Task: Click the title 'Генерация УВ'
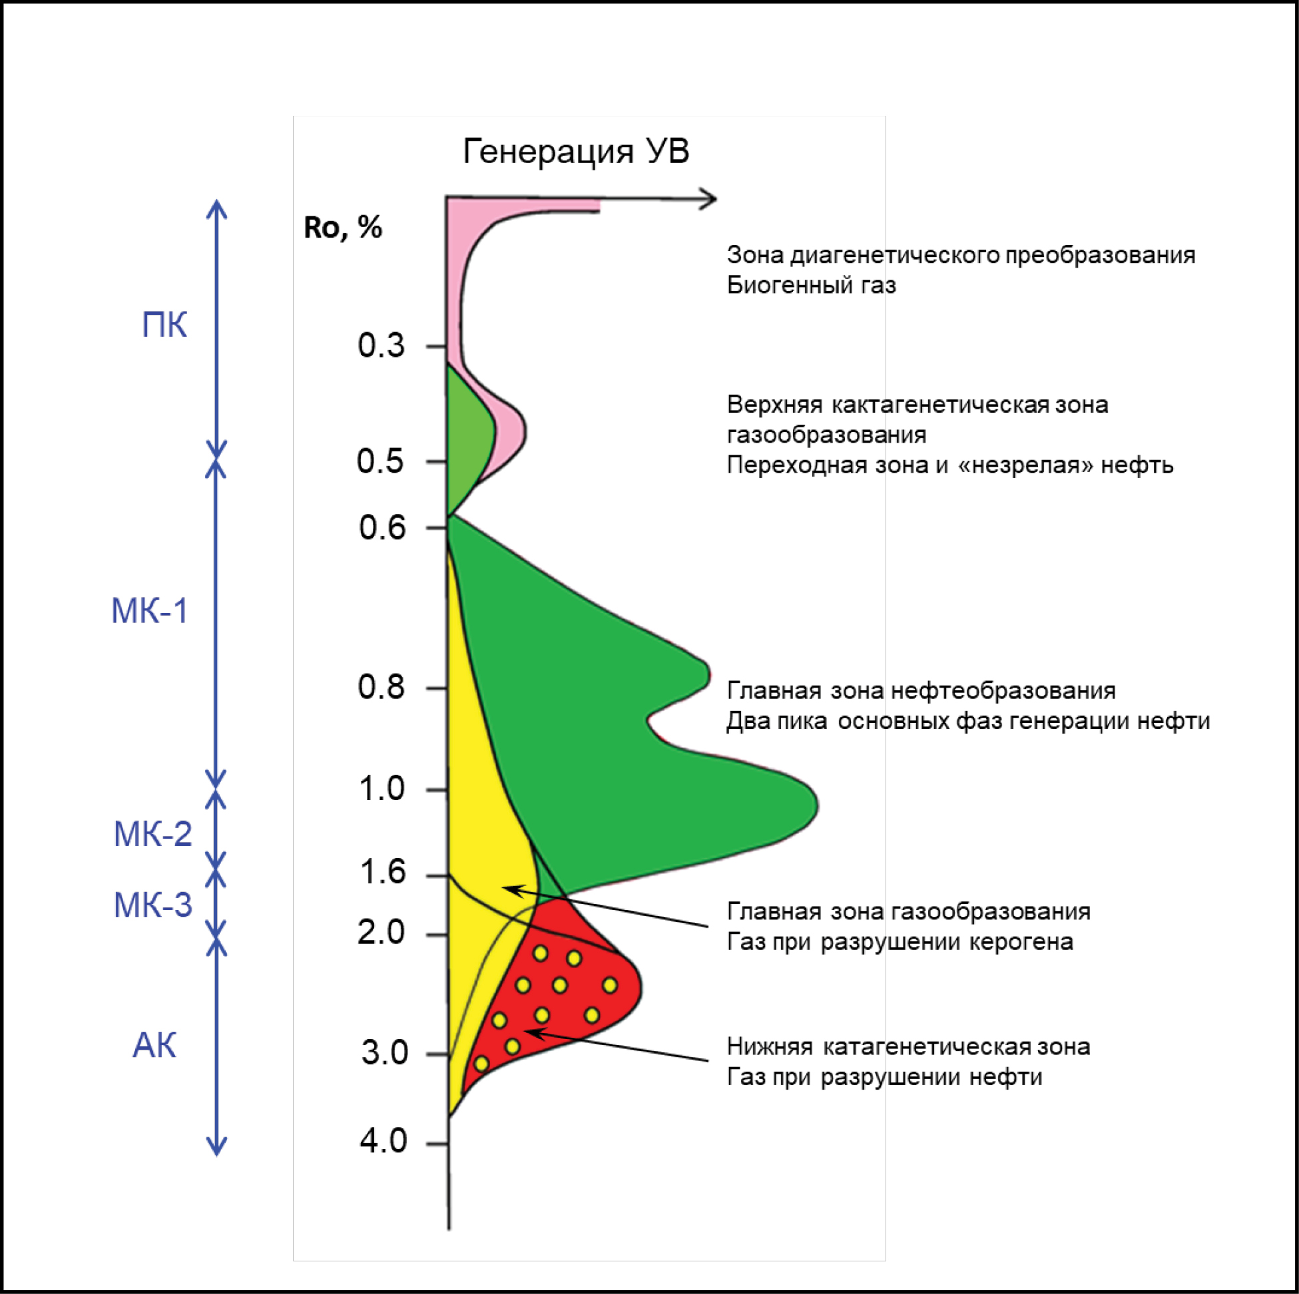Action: pyautogui.click(x=575, y=152)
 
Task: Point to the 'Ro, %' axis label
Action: pyautogui.click(x=343, y=228)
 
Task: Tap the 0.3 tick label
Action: pyautogui.click(x=382, y=345)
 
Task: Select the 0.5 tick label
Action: pyautogui.click(x=381, y=462)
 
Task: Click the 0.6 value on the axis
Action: pyautogui.click(x=382, y=528)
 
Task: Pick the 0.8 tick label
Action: pyautogui.click(x=382, y=688)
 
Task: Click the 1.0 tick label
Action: pyautogui.click(x=382, y=789)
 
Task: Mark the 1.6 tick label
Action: pyautogui.click(x=383, y=873)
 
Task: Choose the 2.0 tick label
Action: pyautogui.click(x=382, y=933)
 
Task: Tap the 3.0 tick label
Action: pyautogui.click(x=384, y=1052)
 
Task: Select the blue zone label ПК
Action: pyautogui.click(x=164, y=326)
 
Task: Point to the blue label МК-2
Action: pyautogui.click(x=152, y=834)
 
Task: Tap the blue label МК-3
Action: pyautogui.click(x=152, y=905)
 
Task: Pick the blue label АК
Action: pyautogui.click(x=154, y=1046)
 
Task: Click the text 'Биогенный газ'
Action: pyautogui.click(x=811, y=286)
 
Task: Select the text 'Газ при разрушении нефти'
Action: pyautogui.click(x=884, y=1077)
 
